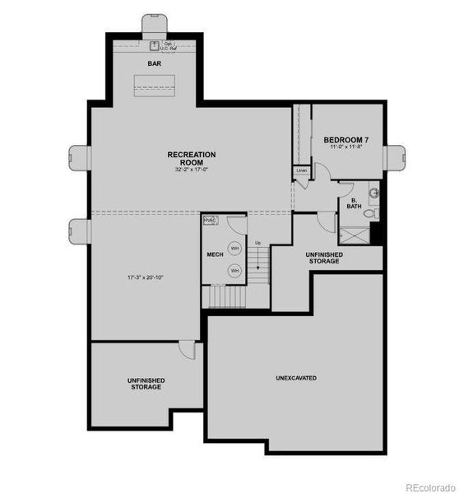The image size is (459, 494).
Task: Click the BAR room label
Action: click(x=154, y=63)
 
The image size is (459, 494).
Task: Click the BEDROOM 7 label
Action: click(x=345, y=140)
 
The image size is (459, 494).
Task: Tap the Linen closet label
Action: click(x=302, y=170)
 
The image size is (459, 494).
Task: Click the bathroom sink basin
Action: click(x=374, y=194)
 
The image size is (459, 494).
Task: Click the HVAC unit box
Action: click(x=209, y=221)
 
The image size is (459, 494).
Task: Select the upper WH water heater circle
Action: click(x=234, y=248)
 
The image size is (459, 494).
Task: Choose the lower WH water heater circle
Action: click(x=234, y=269)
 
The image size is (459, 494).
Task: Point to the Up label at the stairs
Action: click(x=257, y=243)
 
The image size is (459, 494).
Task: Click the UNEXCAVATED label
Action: click(x=295, y=378)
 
